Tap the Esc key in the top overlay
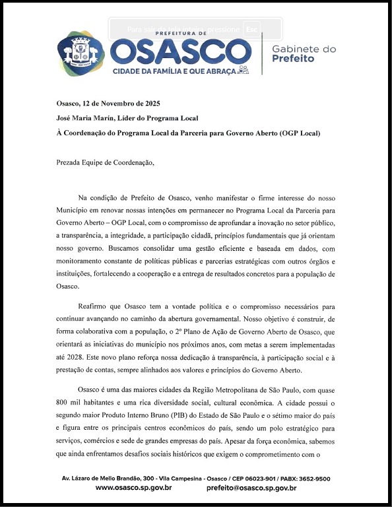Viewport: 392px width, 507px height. [x=251, y=30]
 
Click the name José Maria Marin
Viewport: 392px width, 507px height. [x=84, y=118]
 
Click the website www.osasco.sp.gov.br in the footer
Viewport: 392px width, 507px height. [x=134, y=488]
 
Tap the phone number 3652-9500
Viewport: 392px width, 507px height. [x=314, y=479]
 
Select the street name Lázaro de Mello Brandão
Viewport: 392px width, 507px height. [x=106, y=479]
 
